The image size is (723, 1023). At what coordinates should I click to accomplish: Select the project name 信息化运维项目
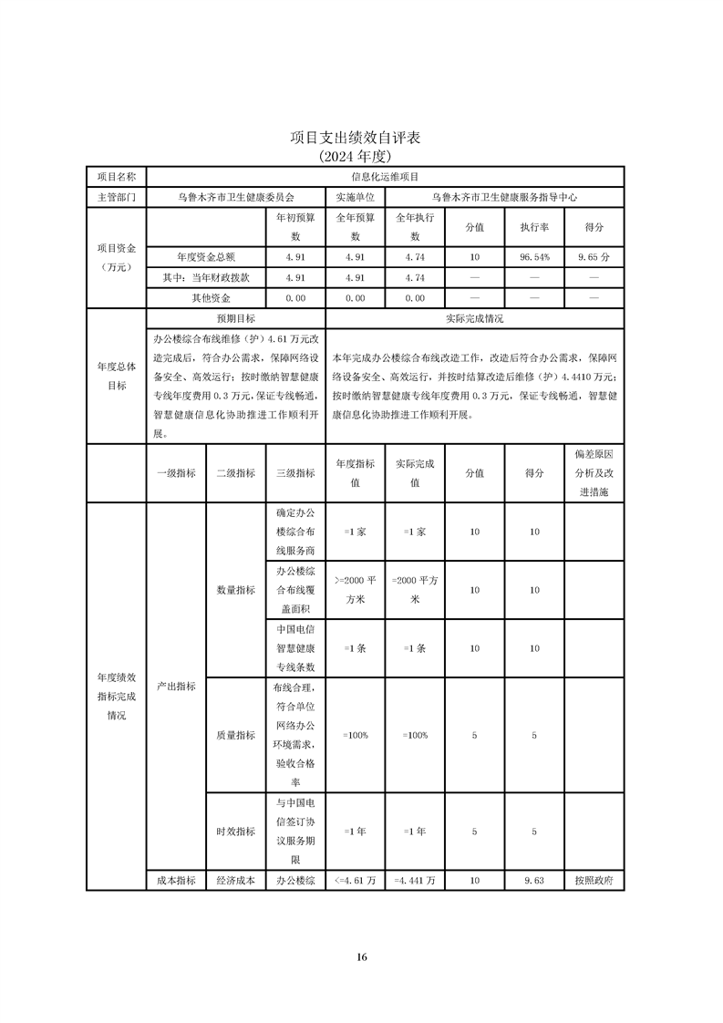click(x=384, y=176)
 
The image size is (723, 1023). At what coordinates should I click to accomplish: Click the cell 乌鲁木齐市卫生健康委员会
click(x=235, y=196)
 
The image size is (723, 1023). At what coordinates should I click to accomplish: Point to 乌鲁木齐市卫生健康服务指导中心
click(x=504, y=196)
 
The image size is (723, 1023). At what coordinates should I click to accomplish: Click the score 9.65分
click(x=594, y=257)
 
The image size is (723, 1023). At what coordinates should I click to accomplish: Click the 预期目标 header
click(x=235, y=319)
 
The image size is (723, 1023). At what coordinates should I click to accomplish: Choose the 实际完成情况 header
click(x=474, y=319)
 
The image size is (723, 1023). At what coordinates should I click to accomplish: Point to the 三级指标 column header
click(x=294, y=473)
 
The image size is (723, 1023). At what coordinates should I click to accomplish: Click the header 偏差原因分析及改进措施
click(x=594, y=473)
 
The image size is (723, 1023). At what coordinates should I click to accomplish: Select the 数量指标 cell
click(x=235, y=590)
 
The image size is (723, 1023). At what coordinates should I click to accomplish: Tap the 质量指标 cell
click(x=235, y=735)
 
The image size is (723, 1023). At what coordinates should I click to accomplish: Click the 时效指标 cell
click(x=235, y=832)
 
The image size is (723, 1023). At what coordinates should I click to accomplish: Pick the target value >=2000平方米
click(x=355, y=590)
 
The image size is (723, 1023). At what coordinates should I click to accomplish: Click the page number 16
click(x=362, y=956)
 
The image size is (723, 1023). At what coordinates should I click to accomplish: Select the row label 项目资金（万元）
click(x=117, y=257)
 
